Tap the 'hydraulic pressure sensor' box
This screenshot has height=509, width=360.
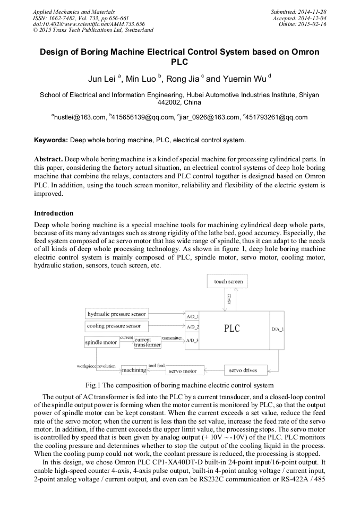(x=116, y=314)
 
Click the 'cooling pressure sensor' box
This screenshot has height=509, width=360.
(x=115, y=326)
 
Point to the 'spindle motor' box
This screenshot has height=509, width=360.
(x=101, y=342)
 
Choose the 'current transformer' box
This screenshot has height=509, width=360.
(x=147, y=342)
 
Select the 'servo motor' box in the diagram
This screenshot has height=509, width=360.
(x=182, y=371)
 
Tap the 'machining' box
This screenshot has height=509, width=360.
(x=133, y=369)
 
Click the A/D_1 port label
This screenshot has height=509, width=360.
(x=192, y=315)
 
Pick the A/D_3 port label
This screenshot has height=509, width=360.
(x=192, y=340)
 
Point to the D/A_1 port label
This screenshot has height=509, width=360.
(x=277, y=329)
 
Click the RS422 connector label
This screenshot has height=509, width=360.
(x=214, y=299)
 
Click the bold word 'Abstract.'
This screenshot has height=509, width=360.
(x=48, y=159)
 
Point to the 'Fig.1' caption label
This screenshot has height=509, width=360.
(x=93, y=385)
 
